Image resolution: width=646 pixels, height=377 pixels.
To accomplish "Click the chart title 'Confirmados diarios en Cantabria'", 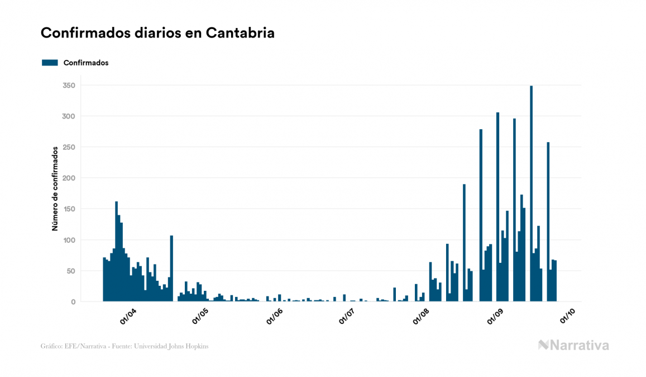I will pos(157,33).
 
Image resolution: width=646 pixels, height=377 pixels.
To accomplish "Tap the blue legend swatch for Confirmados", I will pos(50,63).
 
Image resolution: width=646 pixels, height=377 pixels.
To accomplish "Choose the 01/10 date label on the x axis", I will pos(568,317).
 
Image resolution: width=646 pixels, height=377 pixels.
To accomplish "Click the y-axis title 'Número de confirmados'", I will pos(55,189).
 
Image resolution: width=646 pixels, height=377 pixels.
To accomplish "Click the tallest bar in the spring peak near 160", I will pos(116,252).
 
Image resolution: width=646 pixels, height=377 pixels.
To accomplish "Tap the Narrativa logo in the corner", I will pos(573,345).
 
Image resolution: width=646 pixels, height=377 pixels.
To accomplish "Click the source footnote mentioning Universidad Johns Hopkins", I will pos(125,346).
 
